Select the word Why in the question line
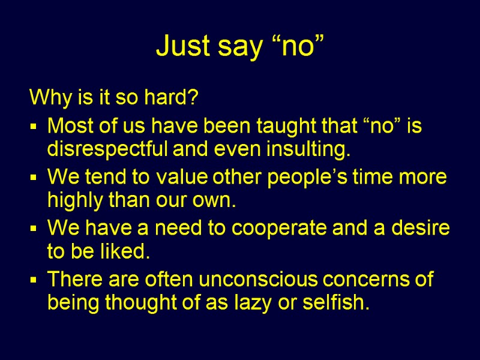[46, 97]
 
